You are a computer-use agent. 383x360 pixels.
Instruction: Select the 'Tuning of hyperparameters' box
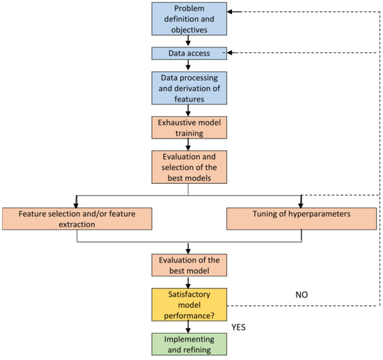pyautogui.click(x=301, y=219)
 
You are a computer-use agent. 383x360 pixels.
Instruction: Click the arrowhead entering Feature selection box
pyautogui.click(x=77, y=203)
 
